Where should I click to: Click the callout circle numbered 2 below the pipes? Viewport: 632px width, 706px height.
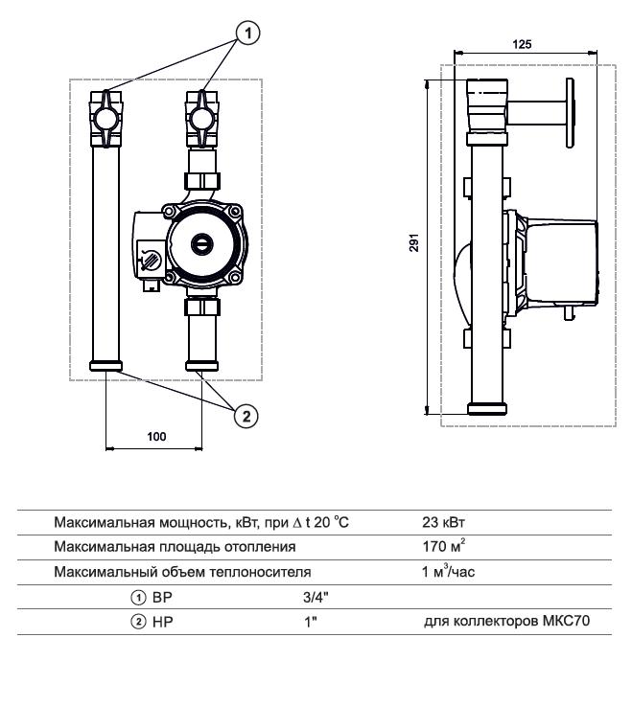coord(246,415)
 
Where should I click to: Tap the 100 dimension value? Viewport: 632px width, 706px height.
coord(156,436)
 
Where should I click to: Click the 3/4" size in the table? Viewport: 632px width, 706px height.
coord(316,596)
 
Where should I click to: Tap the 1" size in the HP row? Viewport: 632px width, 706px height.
coord(309,621)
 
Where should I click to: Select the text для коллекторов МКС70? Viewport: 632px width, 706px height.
coord(505,621)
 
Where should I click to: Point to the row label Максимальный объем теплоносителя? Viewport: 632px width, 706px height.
coord(183,572)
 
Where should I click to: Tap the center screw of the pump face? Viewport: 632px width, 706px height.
coord(200,244)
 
